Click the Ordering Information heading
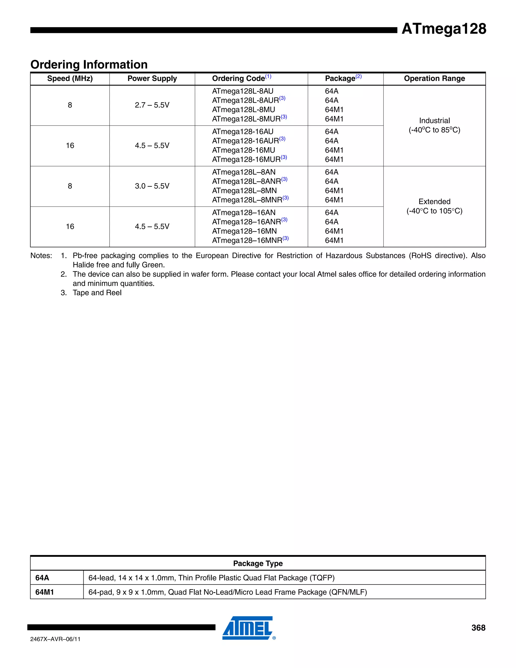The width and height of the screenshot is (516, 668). coord(89,65)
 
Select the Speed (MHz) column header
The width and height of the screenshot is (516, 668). coord(70,79)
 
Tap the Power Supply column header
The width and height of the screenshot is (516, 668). coord(152,79)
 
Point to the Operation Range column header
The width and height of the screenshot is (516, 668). coord(434,79)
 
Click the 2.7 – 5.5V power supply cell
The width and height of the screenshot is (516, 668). coord(152,105)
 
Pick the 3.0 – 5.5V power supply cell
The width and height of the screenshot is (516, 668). coord(152,186)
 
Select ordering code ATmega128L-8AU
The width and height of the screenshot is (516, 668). coord(243,91)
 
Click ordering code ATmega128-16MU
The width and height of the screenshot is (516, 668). coord(243,150)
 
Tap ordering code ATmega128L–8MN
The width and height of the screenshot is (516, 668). coord(244,191)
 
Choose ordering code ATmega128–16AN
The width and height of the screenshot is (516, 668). coord(244,212)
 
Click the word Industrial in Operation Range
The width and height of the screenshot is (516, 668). coord(434,120)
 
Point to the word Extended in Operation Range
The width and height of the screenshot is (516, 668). coord(434,202)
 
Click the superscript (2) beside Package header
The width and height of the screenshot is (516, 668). coord(359,76)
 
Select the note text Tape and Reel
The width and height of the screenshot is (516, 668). coord(97,293)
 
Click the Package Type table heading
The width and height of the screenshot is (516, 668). coord(258,563)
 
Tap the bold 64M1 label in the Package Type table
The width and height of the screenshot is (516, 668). coord(45,592)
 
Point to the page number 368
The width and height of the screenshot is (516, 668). coord(478,628)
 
